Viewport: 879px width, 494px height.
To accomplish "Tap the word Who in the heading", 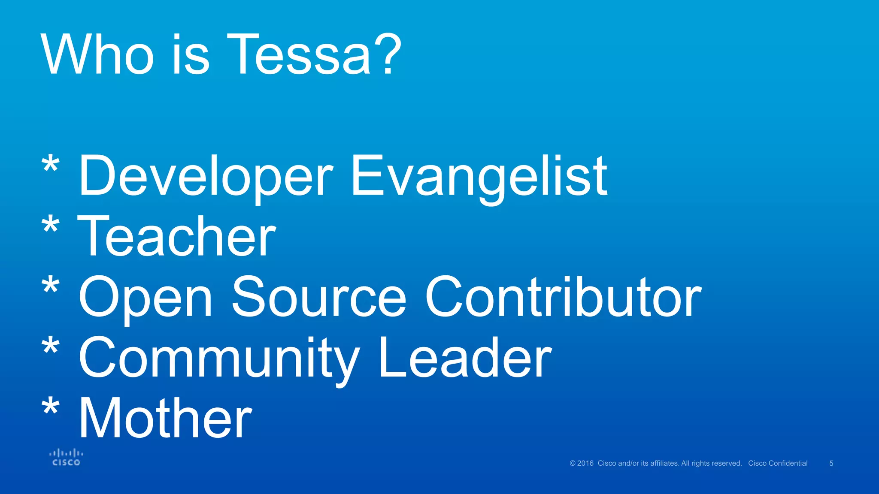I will (x=97, y=55).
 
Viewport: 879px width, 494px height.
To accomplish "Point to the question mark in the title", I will (x=388, y=55).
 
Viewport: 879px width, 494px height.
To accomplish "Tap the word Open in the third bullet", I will (x=146, y=298).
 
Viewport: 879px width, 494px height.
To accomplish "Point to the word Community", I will (x=219, y=358).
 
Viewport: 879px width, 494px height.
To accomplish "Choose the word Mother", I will (x=166, y=419).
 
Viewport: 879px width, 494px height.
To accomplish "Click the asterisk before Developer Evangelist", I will (x=51, y=165).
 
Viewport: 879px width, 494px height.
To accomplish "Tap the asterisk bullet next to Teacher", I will (x=51, y=226).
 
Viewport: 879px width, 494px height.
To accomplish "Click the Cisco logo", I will (x=66, y=457).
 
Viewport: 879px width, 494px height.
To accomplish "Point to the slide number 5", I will (x=831, y=463).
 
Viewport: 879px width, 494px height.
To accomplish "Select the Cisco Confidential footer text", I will (x=778, y=463).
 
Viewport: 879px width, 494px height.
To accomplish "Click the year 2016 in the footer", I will (x=585, y=463).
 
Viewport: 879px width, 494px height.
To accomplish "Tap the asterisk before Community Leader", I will (x=51, y=347).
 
